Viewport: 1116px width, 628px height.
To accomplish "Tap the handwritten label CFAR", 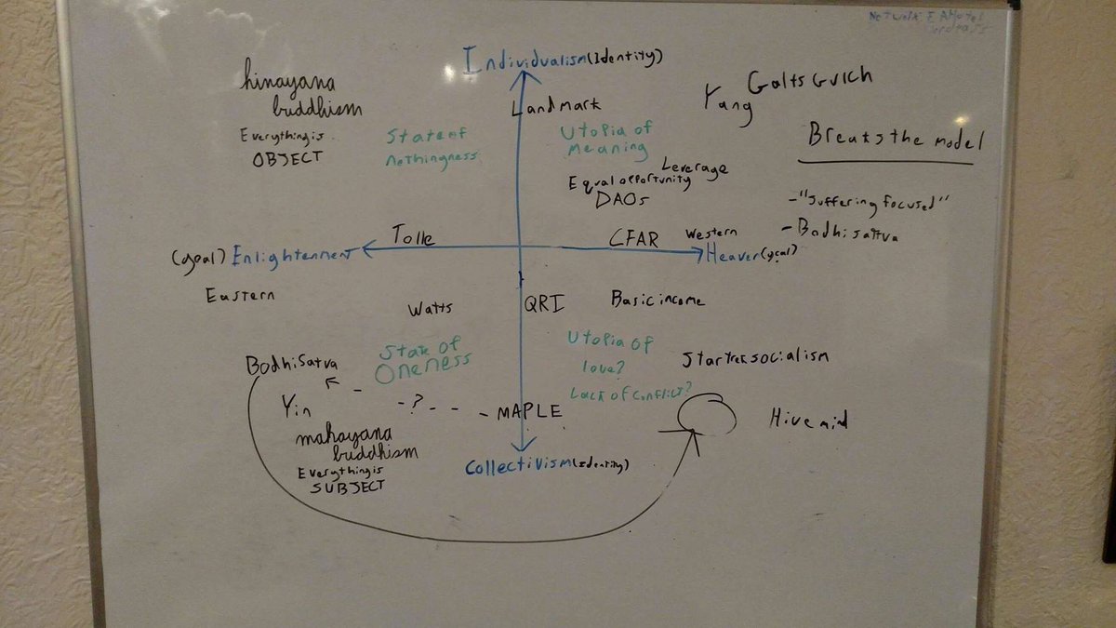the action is point(634,238).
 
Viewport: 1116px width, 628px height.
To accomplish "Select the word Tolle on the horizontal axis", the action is point(412,235).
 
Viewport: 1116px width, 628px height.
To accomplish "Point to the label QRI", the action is point(544,301).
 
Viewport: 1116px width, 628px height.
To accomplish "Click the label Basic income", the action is point(657,300).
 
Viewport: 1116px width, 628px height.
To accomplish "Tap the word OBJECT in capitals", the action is point(288,157).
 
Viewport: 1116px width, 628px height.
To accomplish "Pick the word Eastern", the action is point(241,295).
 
